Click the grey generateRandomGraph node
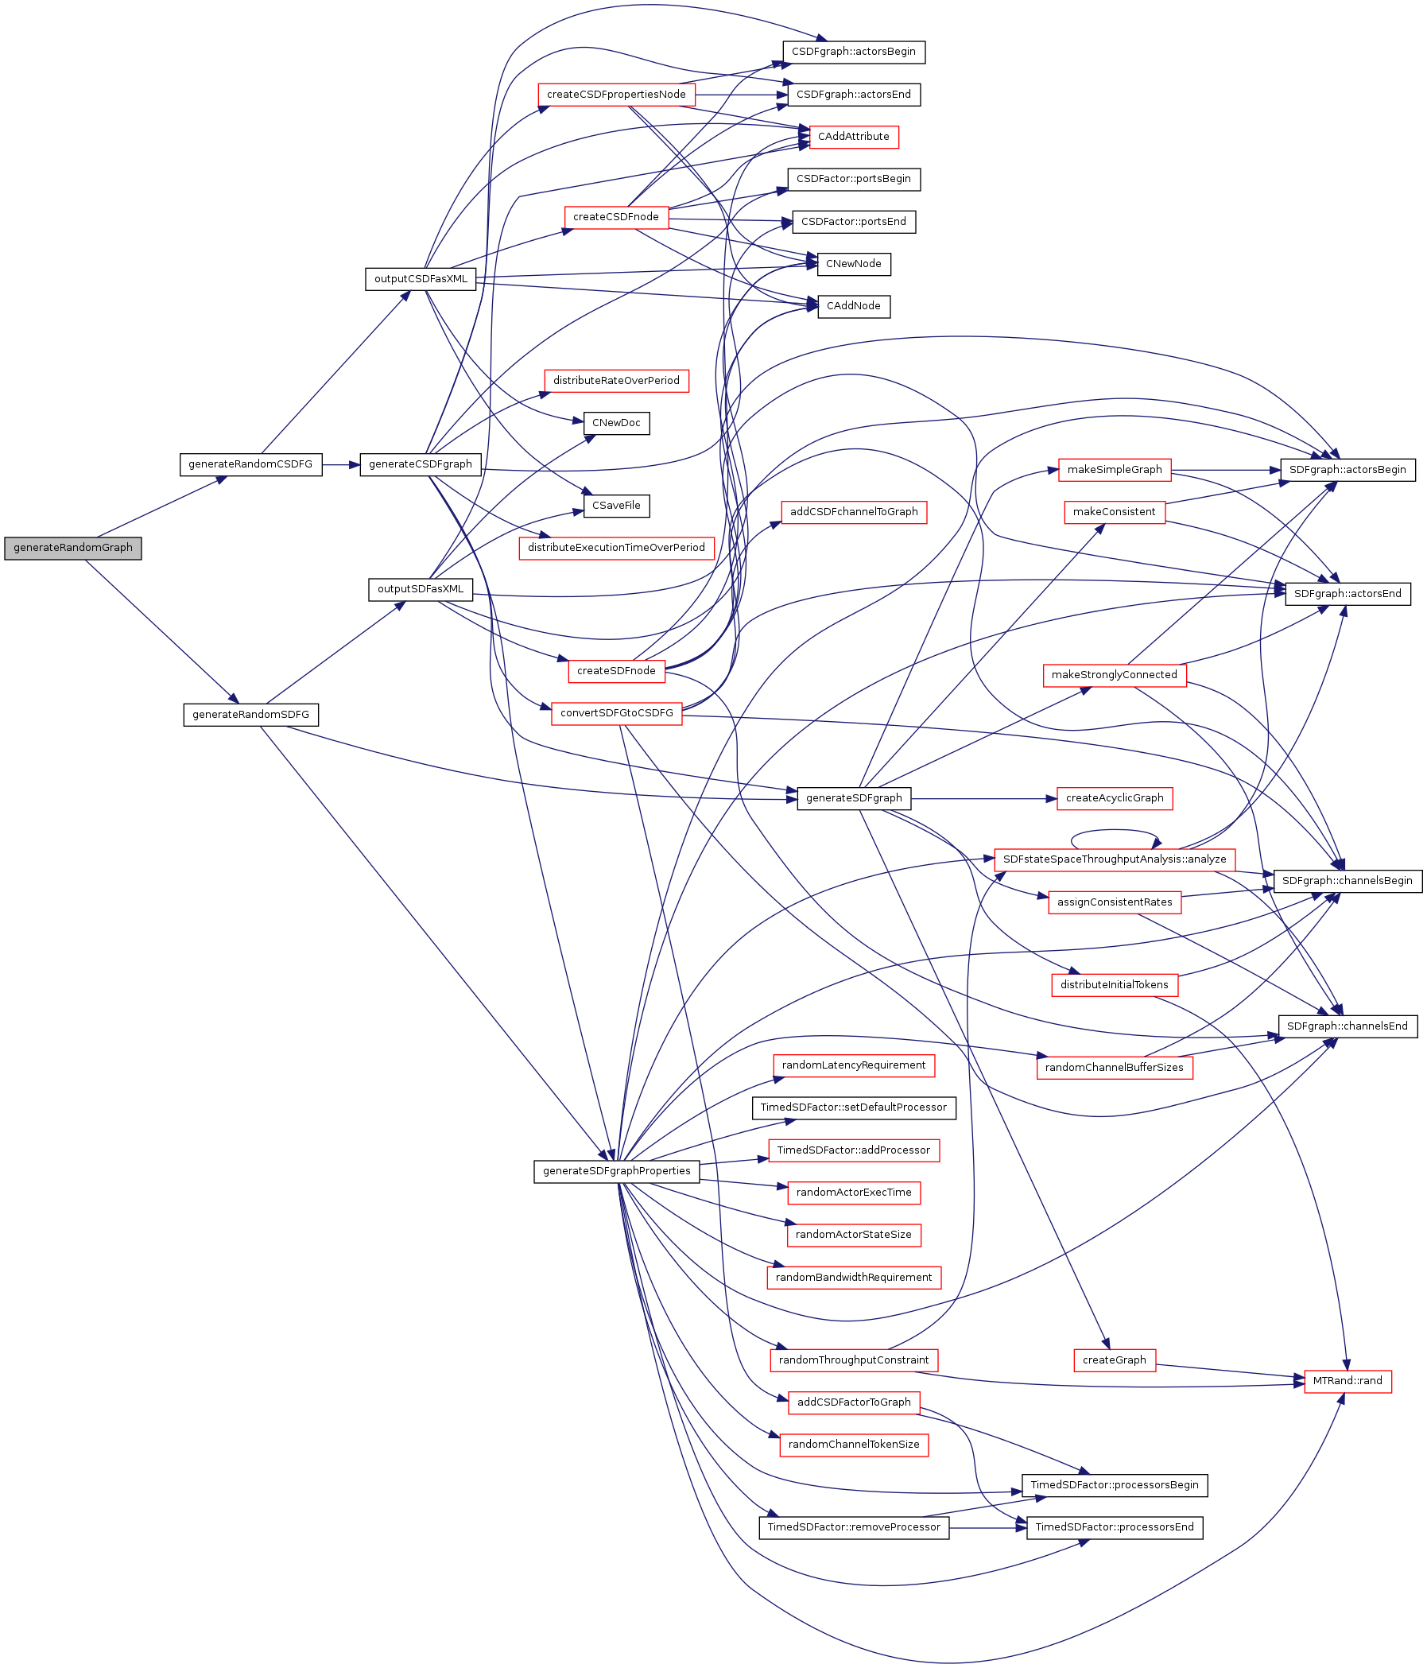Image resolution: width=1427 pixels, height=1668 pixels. [x=72, y=549]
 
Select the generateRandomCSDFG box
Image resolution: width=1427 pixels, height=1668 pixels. [x=250, y=464]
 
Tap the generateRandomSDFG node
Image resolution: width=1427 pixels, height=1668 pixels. [x=250, y=715]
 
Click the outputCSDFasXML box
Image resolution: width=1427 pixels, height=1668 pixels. [x=420, y=279]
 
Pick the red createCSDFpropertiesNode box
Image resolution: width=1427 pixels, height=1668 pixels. [x=615, y=95]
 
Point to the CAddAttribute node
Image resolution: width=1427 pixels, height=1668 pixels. [x=853, y=137]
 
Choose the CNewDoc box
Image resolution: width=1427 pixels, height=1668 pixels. [x=615, y=423]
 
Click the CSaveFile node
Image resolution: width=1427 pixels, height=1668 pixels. [x=615, y=506]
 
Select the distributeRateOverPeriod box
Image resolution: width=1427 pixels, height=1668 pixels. [x=615, y=381]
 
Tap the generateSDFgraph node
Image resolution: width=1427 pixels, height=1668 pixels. [x=853, y=798]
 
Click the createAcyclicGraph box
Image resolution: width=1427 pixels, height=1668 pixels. [x=1114, y=798]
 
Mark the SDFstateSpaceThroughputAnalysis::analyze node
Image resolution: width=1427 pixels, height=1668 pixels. [x=1114, y=859]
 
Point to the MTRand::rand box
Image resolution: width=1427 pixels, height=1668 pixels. [x=1348, y=1382]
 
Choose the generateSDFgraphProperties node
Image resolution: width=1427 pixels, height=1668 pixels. [x=615, y=1171]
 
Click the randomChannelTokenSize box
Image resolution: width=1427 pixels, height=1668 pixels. [x=853, y=1445]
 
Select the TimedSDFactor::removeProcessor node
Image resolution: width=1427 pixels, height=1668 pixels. [x=853, y=1527]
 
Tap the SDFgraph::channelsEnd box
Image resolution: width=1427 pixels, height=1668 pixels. [x=1347, y=1026]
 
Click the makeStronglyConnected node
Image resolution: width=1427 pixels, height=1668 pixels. [x=1114, y=675]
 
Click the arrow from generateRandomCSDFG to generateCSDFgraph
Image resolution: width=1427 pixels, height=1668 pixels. [x=340, y=464]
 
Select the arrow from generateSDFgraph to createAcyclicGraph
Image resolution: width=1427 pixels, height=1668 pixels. [x=982, y=798]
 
